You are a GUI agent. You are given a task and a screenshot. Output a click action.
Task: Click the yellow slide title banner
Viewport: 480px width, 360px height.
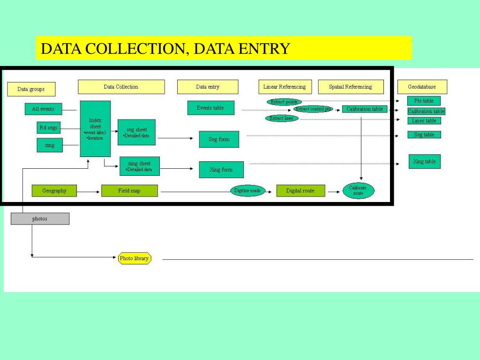point(224,48)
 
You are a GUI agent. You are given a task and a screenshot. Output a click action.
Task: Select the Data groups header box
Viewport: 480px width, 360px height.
point(31,89)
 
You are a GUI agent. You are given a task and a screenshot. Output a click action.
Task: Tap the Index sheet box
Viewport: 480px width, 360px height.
point(95,128)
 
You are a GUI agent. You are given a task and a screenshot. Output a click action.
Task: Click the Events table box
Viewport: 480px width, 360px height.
point(210,108)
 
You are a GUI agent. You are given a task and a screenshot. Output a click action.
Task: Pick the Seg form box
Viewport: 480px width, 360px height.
point(219,139)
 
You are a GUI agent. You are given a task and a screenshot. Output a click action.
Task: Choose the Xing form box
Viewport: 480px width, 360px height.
point(221,170)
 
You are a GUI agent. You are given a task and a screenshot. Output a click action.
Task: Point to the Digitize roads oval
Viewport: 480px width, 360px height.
point(247,191)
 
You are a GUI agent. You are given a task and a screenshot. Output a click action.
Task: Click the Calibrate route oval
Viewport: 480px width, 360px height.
point(358,191)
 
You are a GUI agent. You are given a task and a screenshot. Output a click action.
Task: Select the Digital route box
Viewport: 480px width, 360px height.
point(300,191)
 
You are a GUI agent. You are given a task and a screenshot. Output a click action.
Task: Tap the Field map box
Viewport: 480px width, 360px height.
point(129,191)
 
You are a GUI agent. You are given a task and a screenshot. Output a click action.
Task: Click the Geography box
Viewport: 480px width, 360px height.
point(54,191)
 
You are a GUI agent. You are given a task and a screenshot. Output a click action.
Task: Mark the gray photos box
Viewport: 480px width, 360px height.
point(40,218)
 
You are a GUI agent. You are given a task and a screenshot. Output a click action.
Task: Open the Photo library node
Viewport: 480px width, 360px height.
point(134,258)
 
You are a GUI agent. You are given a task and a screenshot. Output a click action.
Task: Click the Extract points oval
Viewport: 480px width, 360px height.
point(284,102)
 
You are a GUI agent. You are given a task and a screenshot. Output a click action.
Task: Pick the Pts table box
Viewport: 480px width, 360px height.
point(424,101)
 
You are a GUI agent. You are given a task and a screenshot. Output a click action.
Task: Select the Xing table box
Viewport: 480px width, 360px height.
point(424,161)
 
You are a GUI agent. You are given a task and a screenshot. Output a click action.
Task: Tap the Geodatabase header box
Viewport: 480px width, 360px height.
point(422,87)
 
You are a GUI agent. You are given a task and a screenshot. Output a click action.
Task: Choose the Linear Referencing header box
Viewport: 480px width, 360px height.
point(285,87)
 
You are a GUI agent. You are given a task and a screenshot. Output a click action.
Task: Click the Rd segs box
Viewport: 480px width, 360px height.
point(49,128)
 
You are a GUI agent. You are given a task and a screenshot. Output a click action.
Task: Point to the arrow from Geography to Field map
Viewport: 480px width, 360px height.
point(89,191)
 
